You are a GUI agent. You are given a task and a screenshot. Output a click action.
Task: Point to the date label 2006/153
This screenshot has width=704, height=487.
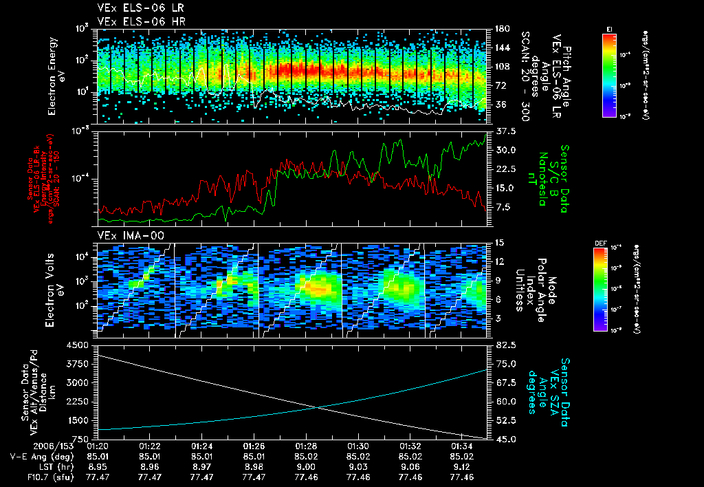coord(27,445)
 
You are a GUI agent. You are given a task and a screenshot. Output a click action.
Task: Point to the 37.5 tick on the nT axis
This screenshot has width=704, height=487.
coord(498,131)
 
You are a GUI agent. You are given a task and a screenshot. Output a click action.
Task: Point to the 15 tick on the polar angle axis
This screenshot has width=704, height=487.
coord(495,243)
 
